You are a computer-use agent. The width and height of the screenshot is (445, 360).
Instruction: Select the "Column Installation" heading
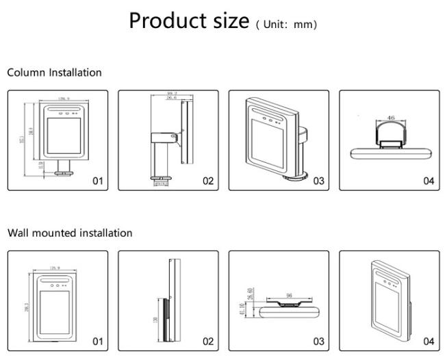pyautogui.click(x=54, y=73)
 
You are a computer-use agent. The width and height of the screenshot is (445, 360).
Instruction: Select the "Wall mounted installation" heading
pyautogui.click(x=70, y=233)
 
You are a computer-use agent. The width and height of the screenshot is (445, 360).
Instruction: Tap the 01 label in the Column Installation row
pyautogui.click(x=97, y=181)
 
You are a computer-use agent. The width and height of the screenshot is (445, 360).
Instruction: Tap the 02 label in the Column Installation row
pyautogui.click(x=208, y=181)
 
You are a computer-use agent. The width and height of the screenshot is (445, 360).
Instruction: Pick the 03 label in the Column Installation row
pyautogui.click(x=318, y=181)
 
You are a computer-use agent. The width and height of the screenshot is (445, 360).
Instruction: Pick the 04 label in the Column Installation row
pyautogui.click(x=429, y=181)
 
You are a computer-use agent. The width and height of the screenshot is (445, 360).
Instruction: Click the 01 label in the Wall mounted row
pyautogui.click(x=97, y=342)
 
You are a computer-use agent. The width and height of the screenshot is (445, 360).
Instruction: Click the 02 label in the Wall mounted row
pyautogui.click(x=208, y=342)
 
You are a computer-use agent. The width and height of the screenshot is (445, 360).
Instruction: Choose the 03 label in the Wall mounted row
pyautogui.click(x=318, y=342)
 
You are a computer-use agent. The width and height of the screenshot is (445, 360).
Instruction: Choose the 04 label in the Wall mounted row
pyautogui.click(x=429, y=342)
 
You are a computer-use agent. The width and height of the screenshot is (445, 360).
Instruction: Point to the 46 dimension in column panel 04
pyautogui.click(x=391, y=118)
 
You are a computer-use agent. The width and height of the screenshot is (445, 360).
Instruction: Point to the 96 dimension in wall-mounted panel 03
pyautogui.click(x=289, y=295)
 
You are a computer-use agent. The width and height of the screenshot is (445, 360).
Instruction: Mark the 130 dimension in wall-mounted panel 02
pyautogui.click(x=156, y=320)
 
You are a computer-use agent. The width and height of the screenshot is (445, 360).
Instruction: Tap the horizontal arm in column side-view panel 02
pyautogui.click(x=164, y=135)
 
